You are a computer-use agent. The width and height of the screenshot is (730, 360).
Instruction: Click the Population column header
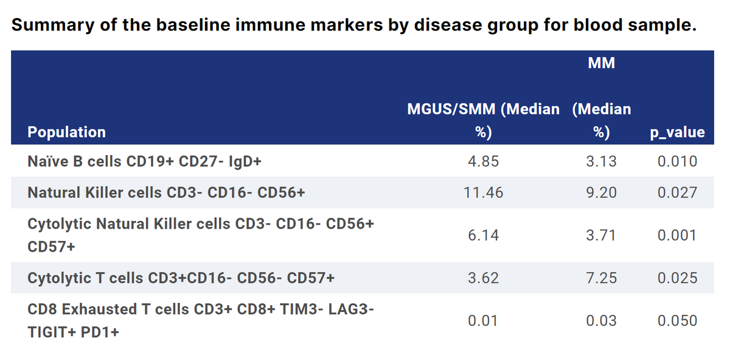coord(66,132)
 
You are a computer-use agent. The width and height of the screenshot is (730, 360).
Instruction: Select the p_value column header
coord(676,132)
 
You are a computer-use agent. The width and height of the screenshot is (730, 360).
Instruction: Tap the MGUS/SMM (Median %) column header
coord(483,120)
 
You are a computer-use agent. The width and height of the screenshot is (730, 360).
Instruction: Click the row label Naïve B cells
coord(144,161)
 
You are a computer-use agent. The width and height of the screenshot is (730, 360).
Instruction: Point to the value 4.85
coord(483,161)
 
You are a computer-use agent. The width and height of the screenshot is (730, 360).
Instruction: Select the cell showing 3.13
coord(601,161)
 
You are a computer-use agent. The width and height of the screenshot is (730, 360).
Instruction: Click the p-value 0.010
coord(677,161)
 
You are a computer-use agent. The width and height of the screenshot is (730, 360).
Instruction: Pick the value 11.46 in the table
coord(483,193)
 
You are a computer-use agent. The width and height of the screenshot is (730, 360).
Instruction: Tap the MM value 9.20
coord(601,193)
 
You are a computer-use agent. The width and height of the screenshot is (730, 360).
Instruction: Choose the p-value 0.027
coord(677,193)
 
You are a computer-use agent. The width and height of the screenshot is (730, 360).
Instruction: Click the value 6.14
coord(483,235)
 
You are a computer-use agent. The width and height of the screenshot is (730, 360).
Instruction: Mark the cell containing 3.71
coord(601,235)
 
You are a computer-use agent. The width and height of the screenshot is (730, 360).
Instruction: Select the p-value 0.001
coord(677,235)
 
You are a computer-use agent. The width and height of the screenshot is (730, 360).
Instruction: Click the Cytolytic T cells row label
coord(181,278)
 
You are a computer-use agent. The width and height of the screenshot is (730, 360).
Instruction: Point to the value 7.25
coord(601,278)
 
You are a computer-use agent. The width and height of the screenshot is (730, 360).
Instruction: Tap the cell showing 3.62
coord(483,278)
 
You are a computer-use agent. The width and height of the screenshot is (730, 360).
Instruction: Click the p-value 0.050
coord(677,320)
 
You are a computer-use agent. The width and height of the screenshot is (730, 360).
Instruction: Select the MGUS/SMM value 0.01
coord(483,320)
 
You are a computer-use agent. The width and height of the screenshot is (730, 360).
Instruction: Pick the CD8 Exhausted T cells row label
coord(201,320)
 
